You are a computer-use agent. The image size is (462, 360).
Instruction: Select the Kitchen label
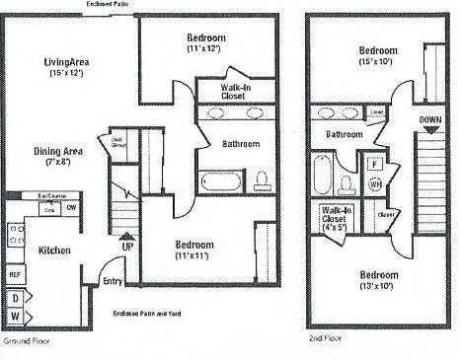(54, 252)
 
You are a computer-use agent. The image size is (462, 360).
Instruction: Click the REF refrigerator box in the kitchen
(15, 274)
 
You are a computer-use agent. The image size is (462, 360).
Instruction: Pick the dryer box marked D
(15, 297)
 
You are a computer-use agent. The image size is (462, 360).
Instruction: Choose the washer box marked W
(15, 316)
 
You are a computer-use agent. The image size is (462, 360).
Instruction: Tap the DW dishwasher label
(72, 207)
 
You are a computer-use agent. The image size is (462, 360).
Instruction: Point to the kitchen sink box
(47, 210)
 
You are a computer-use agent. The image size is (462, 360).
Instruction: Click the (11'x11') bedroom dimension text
(194, 256)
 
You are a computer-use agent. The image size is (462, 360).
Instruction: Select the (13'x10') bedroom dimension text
(378, 286)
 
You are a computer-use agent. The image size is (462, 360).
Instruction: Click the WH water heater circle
(375, 184)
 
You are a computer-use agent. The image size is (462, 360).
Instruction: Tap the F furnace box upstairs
(375, 163)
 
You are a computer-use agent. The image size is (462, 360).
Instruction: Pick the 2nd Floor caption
(325, 337)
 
